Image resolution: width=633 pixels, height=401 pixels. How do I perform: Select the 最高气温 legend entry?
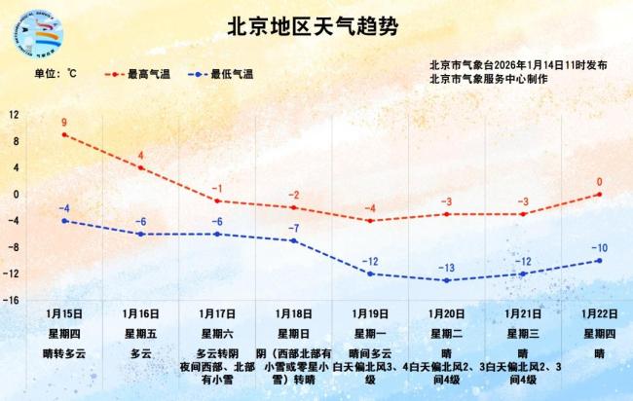pos(142,73)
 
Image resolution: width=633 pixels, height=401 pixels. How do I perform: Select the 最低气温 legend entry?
pos(223,73)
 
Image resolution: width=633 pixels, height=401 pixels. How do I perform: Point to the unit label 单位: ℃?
pos(55,73)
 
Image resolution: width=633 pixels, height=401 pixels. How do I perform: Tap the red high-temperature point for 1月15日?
pos(64,134)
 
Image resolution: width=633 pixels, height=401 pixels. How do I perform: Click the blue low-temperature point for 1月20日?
pos(446,280)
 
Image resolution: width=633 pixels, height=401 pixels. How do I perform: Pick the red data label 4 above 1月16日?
pos(141,156)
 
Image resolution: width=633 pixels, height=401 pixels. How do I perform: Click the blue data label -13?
pos(446,268)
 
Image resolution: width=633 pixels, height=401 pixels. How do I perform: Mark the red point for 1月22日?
pos(599,194)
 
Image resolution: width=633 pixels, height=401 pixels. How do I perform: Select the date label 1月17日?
pos(217,314)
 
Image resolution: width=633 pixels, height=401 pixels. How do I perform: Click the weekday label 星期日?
pos(293,334)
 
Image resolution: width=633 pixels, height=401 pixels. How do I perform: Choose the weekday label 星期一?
pos(369,334)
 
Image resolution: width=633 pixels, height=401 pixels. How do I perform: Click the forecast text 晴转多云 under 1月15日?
pos(64,353)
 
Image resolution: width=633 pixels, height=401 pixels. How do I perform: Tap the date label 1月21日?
pos(523,314)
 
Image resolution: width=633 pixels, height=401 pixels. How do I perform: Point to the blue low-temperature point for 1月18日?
pos(293,240)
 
